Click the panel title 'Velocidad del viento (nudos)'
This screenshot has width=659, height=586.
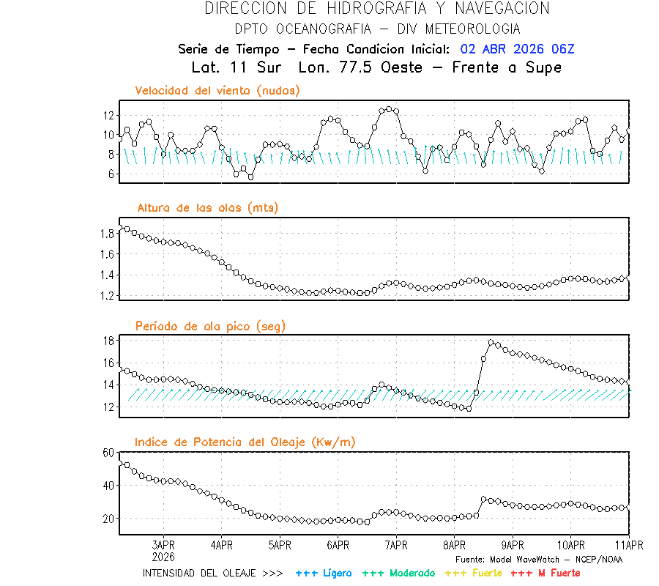217,91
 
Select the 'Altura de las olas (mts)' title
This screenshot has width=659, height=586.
207,208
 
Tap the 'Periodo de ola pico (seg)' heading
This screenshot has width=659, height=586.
210,326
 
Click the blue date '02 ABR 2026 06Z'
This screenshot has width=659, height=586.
517,49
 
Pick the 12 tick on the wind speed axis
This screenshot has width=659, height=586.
108,116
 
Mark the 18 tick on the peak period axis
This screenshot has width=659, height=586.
108,341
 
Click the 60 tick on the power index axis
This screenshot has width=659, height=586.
108,453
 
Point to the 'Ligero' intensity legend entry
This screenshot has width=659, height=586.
324,574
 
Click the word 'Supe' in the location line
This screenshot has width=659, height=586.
543,67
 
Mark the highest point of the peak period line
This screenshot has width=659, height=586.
491,343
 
